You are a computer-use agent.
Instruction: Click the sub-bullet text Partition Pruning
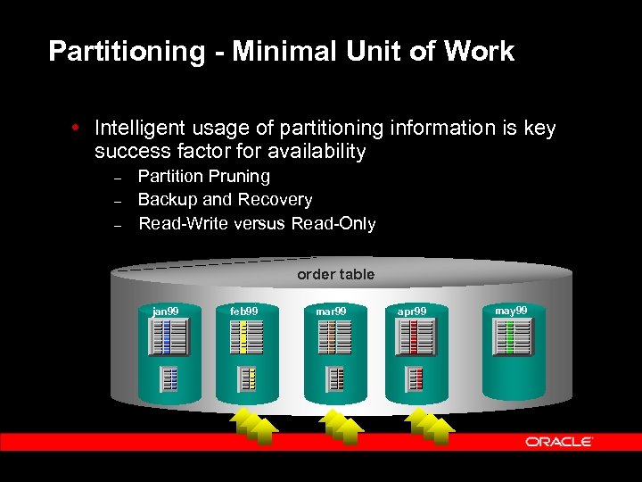coord(203,177)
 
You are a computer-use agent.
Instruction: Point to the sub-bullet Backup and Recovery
coord(225,200)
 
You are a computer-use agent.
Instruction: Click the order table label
coord(335,274)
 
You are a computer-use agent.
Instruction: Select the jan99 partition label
coord(166,311)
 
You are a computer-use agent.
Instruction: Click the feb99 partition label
coord(243,311)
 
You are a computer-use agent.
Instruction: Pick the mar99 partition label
coord(331,311)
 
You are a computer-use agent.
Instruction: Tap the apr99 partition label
coord(412,311)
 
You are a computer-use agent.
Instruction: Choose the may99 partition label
coord(511,310)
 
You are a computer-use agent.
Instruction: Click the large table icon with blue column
coord(169,337)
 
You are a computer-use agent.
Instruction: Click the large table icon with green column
coord(512,337)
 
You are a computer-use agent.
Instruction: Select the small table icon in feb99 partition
coord(246,379)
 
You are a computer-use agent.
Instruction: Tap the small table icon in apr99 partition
coord(416,379)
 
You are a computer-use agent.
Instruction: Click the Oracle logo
coord(559,441)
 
